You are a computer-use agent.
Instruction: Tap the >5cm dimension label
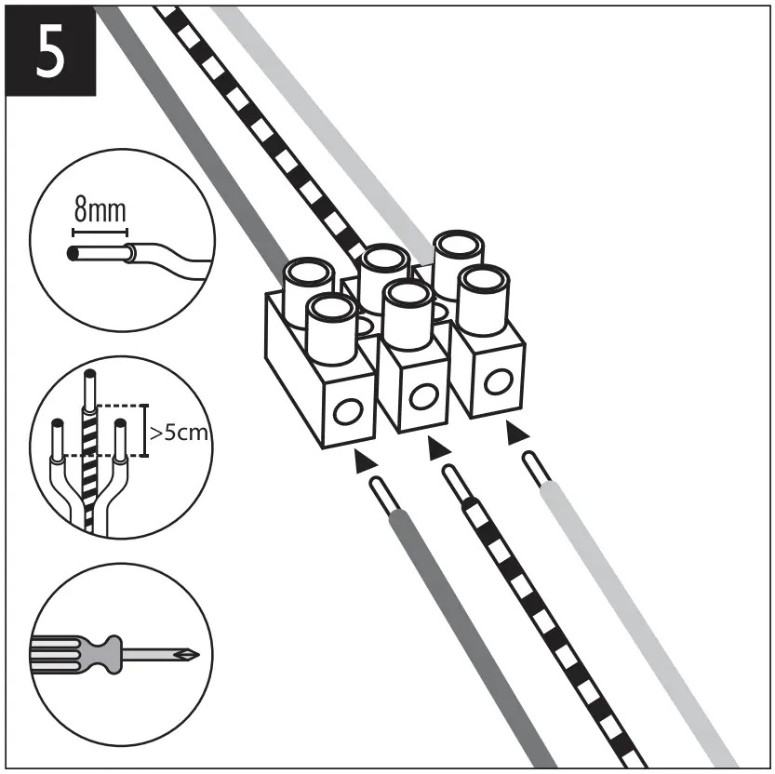(178, 433)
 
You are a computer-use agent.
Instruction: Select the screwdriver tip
(191, 654)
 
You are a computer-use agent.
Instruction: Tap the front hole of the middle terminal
(422, 396)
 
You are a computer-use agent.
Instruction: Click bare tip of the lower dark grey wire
(381, 491)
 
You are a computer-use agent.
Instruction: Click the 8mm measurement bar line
(99, 229)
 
